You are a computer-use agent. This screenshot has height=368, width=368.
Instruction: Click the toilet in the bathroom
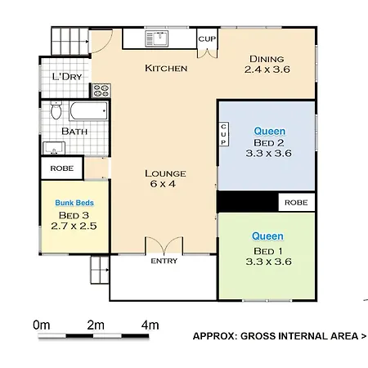point(56,110)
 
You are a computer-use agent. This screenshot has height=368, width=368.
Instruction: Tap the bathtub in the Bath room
point(88,111)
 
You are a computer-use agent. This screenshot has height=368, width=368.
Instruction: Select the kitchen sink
point(157,38)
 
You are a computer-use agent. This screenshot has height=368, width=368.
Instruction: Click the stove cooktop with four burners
point(101,91)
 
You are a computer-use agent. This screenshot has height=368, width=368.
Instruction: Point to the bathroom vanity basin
point(54,148)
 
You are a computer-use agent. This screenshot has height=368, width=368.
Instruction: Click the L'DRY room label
point(67,77)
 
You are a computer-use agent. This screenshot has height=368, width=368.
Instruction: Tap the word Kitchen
point(166,68)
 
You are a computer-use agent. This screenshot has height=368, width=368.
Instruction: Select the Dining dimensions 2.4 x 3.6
point(267,70)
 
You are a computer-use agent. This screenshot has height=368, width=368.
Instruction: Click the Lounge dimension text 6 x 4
point(163,184)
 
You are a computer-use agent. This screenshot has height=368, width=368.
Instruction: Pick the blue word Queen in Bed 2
point(270,132)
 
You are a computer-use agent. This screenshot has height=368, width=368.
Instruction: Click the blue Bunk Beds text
point(74,203)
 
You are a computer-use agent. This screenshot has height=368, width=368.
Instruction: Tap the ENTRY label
point(164,261)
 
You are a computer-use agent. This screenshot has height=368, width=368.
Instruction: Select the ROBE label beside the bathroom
point(62,168)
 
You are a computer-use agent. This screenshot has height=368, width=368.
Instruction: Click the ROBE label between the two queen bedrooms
point(296,203)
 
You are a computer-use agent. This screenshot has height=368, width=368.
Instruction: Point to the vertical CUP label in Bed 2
point(223,134)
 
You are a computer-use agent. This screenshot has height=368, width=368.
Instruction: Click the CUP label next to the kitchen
point(207,39)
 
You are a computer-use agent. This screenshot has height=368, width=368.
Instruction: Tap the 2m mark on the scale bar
point(96,325)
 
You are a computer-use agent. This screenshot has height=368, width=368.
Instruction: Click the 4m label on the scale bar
point(150,325)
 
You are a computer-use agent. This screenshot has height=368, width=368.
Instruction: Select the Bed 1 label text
point(268,251)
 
